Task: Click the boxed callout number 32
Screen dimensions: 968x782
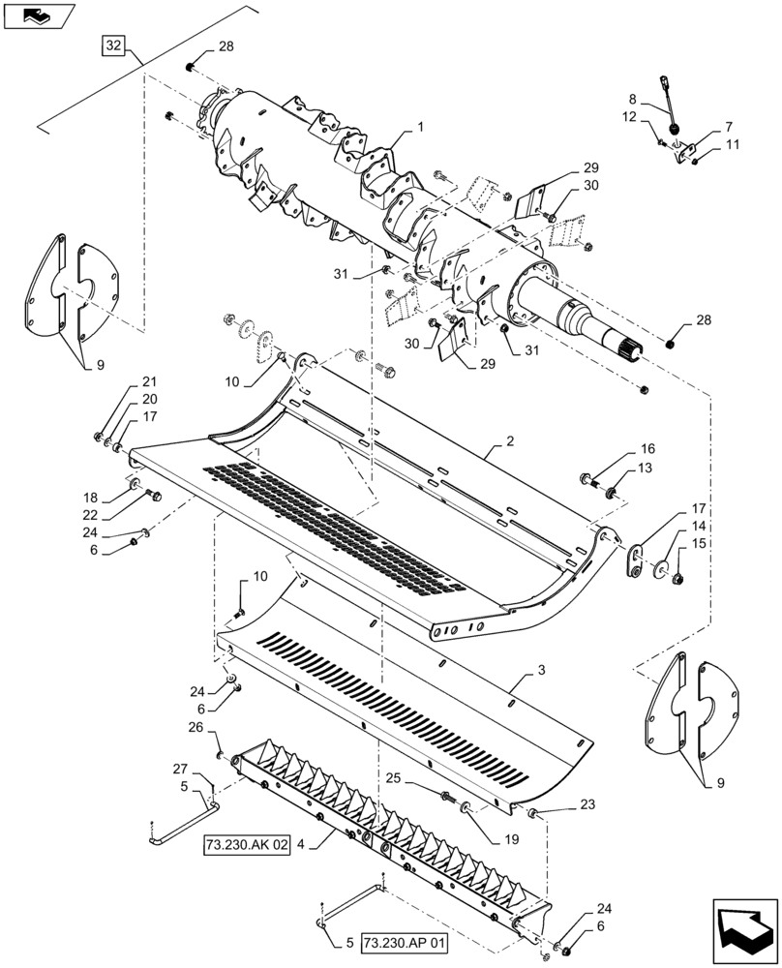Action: (x=113, y=45)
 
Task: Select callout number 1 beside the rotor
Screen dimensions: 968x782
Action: (x=421, y=128)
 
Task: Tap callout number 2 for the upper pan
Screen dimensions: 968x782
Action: (x=510, y=440)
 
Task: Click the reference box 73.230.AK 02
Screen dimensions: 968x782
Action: (x=247, y=845)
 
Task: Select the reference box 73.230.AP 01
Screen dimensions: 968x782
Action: (x=405, y=941)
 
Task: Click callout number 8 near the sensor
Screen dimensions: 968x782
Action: (x=633, y=99)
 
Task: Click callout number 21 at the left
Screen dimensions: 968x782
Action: (x=149, y=380)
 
